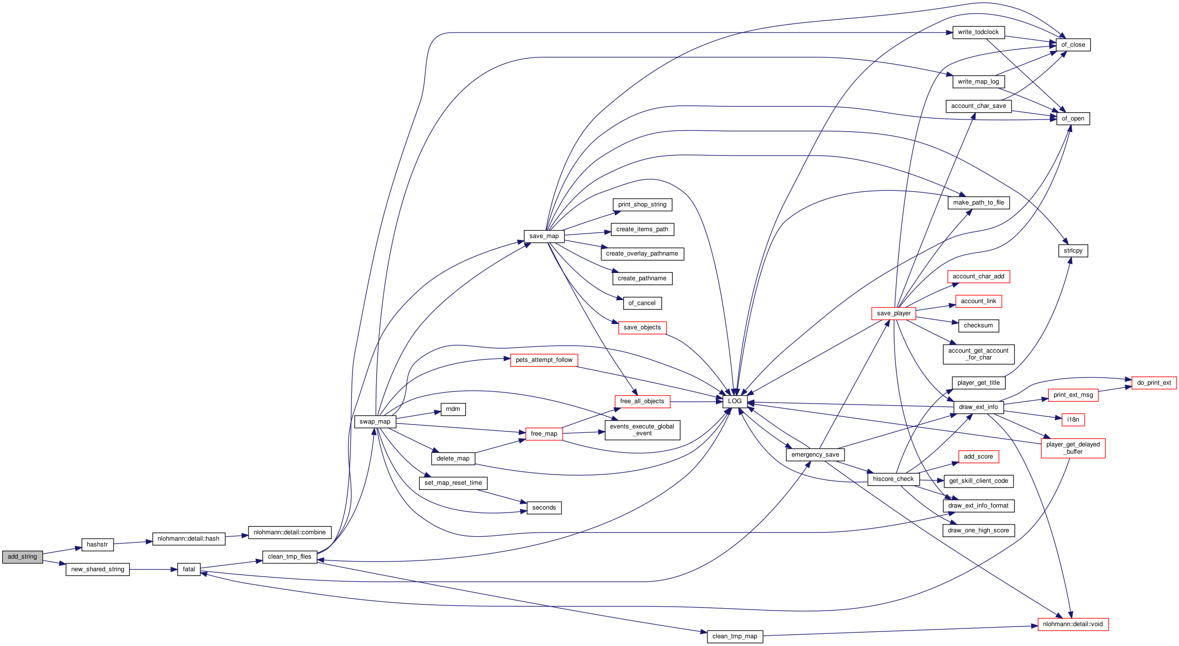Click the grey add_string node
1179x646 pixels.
[x=22, y=557]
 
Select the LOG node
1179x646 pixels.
[x=734, y=401]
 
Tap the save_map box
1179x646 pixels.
[x=544, y=236]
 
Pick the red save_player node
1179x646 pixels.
[x=893, y=313]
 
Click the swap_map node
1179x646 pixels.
[x=375, y=422]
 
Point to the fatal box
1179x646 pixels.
[x=189, y=569]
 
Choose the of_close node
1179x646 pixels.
[x=1073, y=45]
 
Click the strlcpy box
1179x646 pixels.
[x=1073, y=251]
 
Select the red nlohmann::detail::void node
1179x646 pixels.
[x=1073, y=624]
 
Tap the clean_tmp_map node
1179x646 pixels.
[x=734, y=636]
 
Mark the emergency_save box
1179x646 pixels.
[x=815, y=455]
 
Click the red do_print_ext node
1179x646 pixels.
[x=1154, y=383]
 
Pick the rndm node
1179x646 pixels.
[x=453, y=409]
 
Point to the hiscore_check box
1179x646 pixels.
[x=893, y=479]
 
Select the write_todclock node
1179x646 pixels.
[x=978, y=32]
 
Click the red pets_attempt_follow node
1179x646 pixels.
[x=544, y=360]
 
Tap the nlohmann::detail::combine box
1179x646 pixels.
[x=289, y=532]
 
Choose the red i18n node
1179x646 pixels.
[x=1073, y=420]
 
